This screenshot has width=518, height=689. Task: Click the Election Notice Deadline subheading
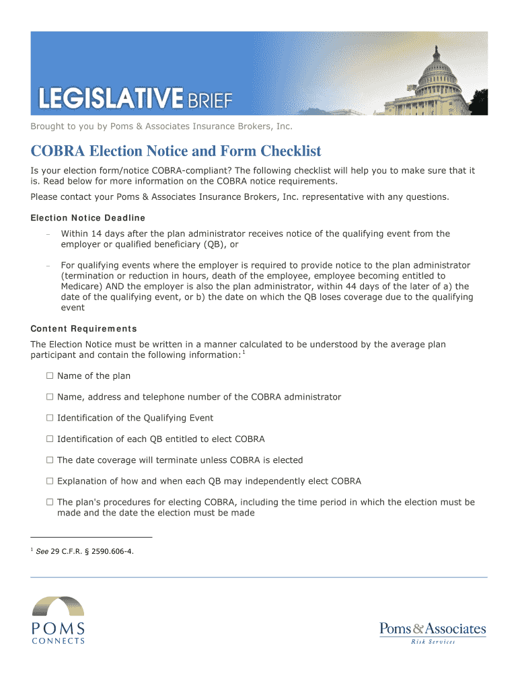87,218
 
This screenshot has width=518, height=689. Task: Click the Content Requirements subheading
83,329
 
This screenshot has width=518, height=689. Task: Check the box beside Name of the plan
49,376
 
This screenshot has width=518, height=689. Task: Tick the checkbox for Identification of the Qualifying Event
49,418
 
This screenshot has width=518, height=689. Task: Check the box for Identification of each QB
49,439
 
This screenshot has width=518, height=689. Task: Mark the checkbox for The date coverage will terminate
49,460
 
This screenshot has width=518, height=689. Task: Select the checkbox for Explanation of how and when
49,481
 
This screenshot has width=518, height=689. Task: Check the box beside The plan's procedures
49,503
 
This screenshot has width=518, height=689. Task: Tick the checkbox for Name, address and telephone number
49,397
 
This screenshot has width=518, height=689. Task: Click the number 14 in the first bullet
96,234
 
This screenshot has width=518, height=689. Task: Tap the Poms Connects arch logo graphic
59,606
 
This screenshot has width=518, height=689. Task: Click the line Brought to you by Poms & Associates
161,126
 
